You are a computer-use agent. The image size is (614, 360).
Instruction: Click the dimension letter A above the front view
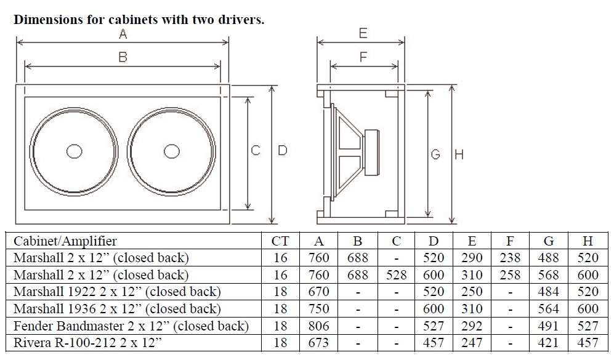123,35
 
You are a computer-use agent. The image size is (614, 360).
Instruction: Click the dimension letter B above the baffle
123,57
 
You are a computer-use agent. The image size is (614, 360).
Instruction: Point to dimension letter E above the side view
363,33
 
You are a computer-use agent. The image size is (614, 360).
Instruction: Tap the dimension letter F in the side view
363,57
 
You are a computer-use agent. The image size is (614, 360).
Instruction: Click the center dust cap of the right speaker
172,151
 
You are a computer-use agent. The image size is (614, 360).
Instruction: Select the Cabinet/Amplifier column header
65,241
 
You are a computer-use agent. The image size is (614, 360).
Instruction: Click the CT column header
280,241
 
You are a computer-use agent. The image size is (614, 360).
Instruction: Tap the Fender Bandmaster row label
131,326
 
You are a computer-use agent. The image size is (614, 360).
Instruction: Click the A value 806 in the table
318,326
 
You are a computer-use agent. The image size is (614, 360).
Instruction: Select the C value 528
396,274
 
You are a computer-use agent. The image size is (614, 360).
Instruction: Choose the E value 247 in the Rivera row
472,342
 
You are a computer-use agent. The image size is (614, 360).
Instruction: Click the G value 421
547,342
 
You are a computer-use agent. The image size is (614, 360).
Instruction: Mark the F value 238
510,258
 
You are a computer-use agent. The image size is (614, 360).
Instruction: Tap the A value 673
318,342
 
